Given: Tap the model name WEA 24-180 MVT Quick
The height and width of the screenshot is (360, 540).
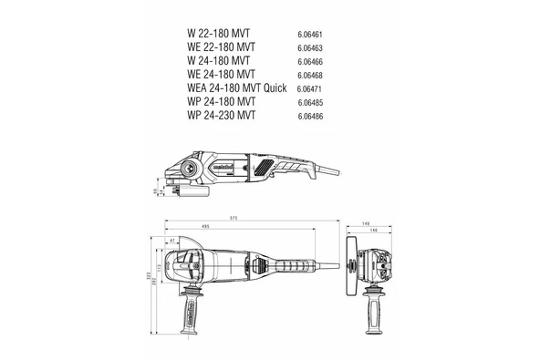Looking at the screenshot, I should (x=236, y=87).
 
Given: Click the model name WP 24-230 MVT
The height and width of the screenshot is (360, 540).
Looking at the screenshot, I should (x=220, y=115).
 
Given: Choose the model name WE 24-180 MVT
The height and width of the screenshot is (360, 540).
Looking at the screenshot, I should (x=221, y=73).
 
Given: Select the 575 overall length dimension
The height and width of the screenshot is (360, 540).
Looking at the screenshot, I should (x=234, y=220).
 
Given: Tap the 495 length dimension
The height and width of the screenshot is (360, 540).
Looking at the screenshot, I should (x=206, y=227).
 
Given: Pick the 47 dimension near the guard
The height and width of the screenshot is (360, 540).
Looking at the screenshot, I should (x=171, y=241).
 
